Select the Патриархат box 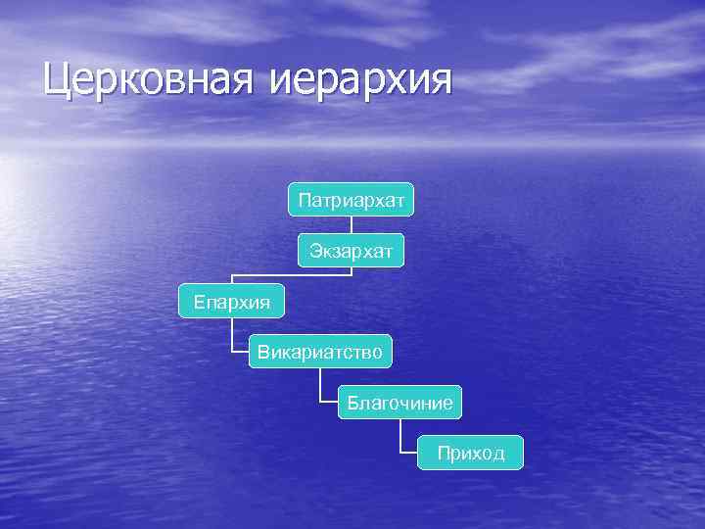pyautogui.click(x=352, y=200)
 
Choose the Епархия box pyautogui.click(x=232, y=300)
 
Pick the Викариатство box pyautogui.click(x=320, y=351)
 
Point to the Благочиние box pyautogui.click(x=399, y=402)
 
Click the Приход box pyautogui.click(x=471, y=453)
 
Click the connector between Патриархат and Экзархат pyautogui.click(x=352, y=225)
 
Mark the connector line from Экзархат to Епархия pyautogui.click(x=294, y=275)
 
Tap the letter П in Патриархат pyautogui.click(x=305, y=201)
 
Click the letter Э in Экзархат pyautogui.click(x=315, y=252)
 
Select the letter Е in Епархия pyautogui.click(x=199, y=301)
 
